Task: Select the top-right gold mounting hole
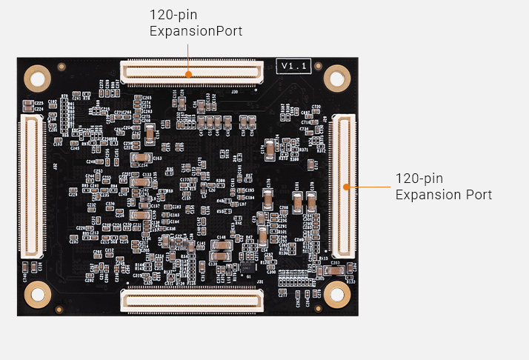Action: click(337, 77)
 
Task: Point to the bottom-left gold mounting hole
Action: click(36, 294)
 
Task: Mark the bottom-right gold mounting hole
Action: click(337, 294)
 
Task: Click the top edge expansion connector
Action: click(192, 73)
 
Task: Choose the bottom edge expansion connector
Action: click(192, 299)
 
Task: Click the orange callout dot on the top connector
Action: click(189, 73)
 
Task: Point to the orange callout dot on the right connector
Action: click(345, 187)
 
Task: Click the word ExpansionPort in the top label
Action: click(196, 31)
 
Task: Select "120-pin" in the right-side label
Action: click(419, 179)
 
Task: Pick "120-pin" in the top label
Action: click(173, 15)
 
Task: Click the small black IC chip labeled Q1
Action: click(247, 267)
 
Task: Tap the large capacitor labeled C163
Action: click(139, 159)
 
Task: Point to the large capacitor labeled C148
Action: click(222, 245)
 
